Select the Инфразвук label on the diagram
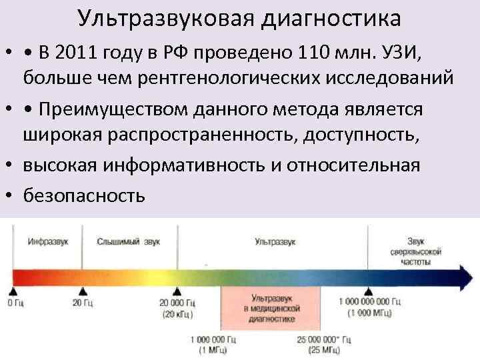click(x=47, y=241)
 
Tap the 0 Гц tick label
click(x=14, y=303)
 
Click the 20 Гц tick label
click(x=82, y=303)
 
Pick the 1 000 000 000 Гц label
click(x=369, y=307)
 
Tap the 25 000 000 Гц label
click(x=323, y=343)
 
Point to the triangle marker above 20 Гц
click(x=82, y=291)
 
